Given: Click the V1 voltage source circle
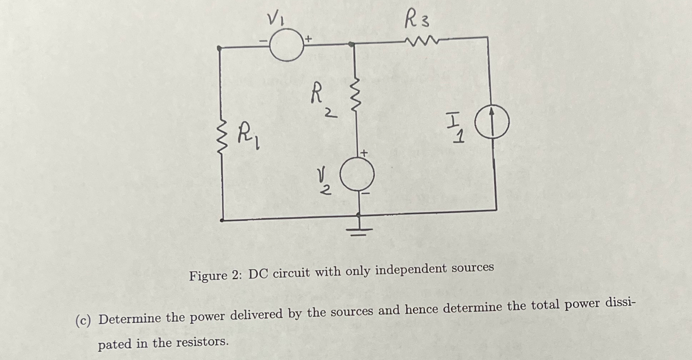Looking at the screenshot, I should [286, 45].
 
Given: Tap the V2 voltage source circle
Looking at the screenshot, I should [357, 174].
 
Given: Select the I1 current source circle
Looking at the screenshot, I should [492, 122].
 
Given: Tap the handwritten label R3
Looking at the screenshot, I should [417, 20].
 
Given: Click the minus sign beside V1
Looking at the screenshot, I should [263, 41].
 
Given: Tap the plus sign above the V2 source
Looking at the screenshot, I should [364, 153].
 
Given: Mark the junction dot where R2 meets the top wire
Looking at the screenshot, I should [352, 44].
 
